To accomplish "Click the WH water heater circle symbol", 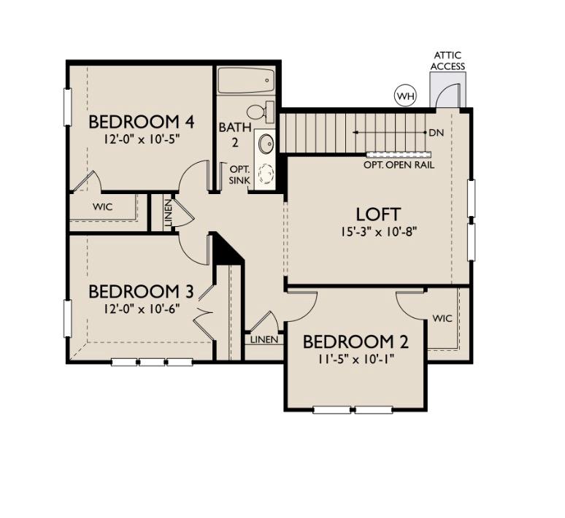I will tap(404, 95).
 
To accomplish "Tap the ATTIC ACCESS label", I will tap(447, 61).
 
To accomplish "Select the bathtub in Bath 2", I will tap(246, 80).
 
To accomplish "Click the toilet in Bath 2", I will tap(258, 112).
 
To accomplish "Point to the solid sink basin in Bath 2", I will tap(266, 142).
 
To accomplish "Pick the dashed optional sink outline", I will tap(266, 174).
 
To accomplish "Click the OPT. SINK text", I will tap(239, 174).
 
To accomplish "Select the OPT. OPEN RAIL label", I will tap(399, 165).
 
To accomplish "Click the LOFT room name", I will tap(377, 214).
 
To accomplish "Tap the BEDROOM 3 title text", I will tap(140, 292).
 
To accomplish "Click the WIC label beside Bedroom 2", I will tap(442, 318).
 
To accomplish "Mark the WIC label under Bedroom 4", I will tap(103, 206).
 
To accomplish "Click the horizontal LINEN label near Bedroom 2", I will tap(263, 340).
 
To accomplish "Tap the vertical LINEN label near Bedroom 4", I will tap(168, 212).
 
